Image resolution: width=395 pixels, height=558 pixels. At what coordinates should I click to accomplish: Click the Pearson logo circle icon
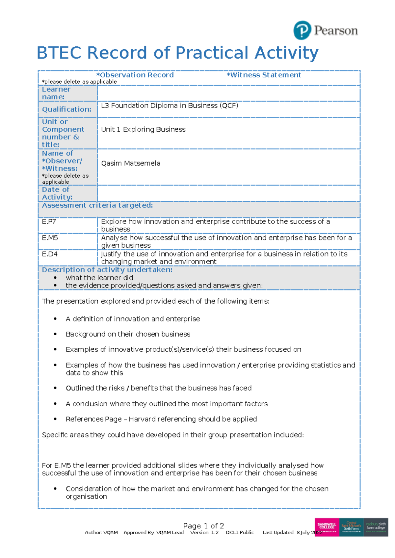pyautogui.click(x=302, y=30)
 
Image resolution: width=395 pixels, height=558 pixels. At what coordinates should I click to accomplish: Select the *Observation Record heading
pyautogui.click(x=135, y=75)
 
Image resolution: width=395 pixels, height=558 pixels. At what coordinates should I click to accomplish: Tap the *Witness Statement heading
pyautogui.click(x=264, y=75)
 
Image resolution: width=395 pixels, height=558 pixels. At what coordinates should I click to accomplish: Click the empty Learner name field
pyautogui.click(x=228, y=93)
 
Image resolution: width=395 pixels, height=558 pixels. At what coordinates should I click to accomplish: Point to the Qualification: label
pyautogui.click(x=66, y=109)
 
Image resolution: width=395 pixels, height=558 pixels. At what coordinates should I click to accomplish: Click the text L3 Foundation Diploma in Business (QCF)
pyautogui.click(x=170, y=106)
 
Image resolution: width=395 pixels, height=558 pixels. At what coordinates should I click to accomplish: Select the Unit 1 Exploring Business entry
pyautogui.click(x=143, y=130)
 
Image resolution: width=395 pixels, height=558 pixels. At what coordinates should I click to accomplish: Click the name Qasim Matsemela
pyautogui.click(x=131, y=164)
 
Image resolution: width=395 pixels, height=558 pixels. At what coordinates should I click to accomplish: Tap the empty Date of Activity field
pyautogui.click(x=228, y=193)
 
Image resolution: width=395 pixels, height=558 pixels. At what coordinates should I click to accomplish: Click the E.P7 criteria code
pyautogui.click(x=49, y=222)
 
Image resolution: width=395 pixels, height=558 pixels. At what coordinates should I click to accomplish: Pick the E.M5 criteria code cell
pyautogui.click(x=50, y=238)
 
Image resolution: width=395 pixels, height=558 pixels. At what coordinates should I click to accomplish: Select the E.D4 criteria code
pyautogui.click(x=50, y=254)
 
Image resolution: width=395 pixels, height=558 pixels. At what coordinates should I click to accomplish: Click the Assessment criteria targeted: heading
pyautogui.click(x=97, y=205)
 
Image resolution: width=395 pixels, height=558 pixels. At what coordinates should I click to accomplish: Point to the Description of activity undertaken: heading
pyautogui.click(x=107, y=270)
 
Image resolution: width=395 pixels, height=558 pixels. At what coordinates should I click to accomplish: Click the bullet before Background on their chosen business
pyautogui.click(x=55, y=334)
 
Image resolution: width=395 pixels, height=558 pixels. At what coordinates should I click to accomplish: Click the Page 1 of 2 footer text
pyautogui.click(x=203, y=526)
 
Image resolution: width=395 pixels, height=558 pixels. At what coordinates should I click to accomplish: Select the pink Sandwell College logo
pyautogui.click(x=327, y=527)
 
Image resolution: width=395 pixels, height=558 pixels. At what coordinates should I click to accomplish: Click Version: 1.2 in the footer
pyautogui.click(x=204, y=533)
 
